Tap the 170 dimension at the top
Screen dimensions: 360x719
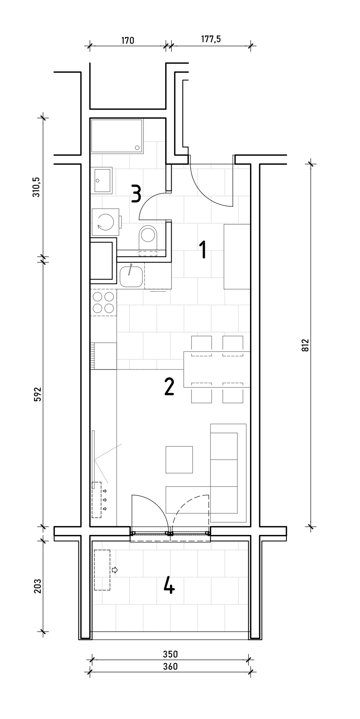tap(127, 40)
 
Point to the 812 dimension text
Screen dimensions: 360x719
tap(305, 345)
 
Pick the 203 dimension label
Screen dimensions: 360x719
tap(37, 586)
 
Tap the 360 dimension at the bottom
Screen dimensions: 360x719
tap(170, 667)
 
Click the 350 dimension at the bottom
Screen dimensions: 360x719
tap(170, 654)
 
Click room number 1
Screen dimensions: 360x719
tap(203, 250)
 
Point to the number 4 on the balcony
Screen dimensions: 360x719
tap(169, 586)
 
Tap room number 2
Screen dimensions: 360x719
tap(170, 387)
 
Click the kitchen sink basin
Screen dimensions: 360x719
tap(131, 276)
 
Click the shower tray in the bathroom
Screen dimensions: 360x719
tap(117, 136)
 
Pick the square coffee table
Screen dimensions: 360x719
tap(179, 459)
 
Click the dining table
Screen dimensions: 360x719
tap(217, 369)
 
